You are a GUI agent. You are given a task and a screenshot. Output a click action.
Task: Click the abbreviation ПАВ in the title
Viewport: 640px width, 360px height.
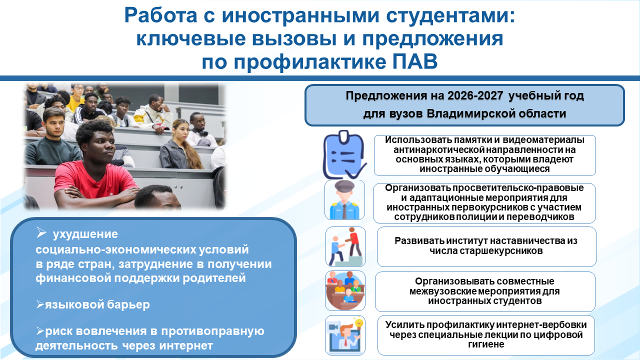click(414, 61)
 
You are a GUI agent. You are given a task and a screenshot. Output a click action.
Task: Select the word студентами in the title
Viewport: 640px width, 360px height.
click(450, 15)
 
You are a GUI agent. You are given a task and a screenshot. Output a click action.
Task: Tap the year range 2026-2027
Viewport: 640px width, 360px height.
click(475, 95)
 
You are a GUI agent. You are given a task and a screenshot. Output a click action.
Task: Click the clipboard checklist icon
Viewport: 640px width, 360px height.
click(345, 155)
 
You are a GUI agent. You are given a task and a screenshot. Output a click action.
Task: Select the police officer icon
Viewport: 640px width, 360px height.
click(344, 199)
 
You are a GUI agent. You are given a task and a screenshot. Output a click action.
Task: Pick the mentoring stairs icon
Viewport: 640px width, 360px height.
click(345, 246)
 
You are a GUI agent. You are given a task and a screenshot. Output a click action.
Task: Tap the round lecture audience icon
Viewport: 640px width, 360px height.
click(345, 290)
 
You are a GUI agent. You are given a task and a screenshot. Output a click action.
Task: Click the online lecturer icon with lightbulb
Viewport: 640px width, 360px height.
click(345, 335)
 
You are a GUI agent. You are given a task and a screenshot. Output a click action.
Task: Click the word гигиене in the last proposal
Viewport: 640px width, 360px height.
click(486, 344)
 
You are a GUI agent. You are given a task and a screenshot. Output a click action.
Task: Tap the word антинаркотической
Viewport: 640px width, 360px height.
click(439, 149)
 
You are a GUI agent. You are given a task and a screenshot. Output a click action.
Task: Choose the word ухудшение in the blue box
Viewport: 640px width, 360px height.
click(85, 234)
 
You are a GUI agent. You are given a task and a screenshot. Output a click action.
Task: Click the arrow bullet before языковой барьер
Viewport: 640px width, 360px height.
click(40, 304)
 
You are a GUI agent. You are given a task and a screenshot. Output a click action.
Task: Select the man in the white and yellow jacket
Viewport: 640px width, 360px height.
click(153, 113)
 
